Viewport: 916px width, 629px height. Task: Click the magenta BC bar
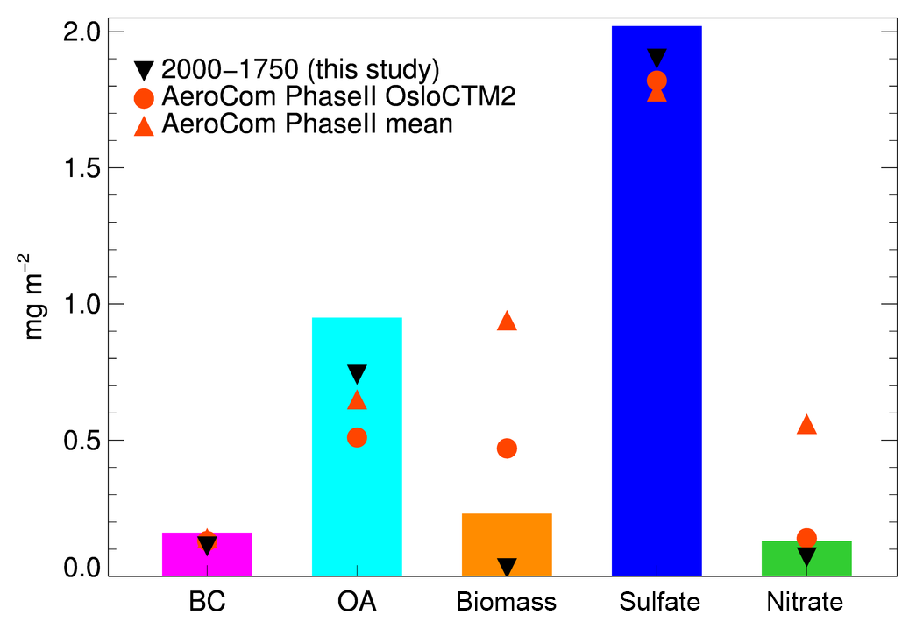[207, 555]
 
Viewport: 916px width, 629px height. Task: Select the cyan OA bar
[357, 447]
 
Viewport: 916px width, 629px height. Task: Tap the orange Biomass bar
[507, 545]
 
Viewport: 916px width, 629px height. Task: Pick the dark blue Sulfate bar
[657, 301]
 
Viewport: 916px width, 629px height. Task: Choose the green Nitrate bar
[806, 558]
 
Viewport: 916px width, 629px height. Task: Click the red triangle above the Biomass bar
[507, 322]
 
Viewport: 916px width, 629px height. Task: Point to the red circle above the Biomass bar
[507, 449]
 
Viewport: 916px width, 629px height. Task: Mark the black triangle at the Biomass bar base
[507, 566]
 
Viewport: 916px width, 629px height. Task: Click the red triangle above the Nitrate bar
[806, 425]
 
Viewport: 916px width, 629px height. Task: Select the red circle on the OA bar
[357, 437]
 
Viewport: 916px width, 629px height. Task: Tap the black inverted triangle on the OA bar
[357, 374]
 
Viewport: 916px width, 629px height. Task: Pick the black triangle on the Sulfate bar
[657, 58]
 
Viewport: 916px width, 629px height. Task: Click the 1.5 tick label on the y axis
[82, 168]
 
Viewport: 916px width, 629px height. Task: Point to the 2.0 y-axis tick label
[82, 32]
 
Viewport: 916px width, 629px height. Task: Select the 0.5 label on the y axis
[82, 441]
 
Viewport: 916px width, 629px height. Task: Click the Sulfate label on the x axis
[659, 602]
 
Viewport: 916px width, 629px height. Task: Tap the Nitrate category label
[805, 602]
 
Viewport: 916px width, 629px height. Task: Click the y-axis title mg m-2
[35, 297]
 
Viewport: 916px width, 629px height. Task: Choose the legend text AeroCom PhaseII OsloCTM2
[339, 96]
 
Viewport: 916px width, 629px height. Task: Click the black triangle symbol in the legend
[144, 70]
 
